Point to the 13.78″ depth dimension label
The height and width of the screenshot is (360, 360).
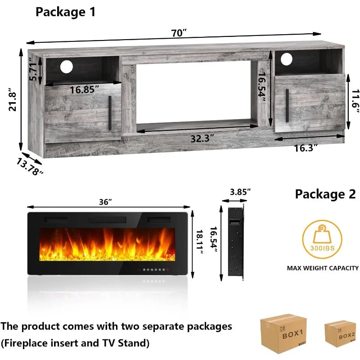(30, 166)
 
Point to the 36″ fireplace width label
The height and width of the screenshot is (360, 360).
(105, 202)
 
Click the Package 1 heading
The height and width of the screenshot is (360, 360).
(66, 12)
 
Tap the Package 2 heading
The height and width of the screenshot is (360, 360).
(325, 194)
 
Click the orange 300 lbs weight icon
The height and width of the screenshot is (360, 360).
(322, 238)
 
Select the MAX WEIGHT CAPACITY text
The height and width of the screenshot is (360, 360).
(323, 268)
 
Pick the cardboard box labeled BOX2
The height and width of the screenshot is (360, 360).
(341, 333)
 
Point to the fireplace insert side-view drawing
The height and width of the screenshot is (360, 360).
(235, 243)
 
